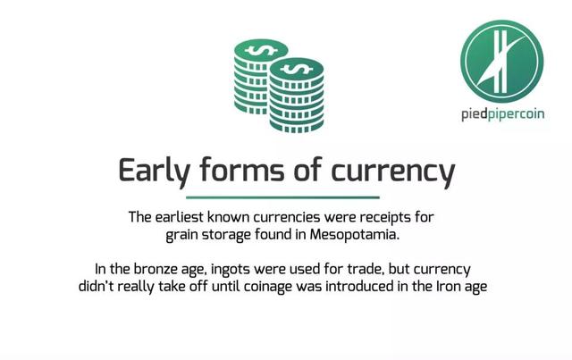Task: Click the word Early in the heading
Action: [155, 171]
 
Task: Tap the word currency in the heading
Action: [393, 172]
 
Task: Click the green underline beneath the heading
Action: [282, 197]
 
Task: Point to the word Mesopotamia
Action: [355, 234]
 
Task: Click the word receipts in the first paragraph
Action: [385, 218]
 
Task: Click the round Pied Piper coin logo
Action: [501, 62]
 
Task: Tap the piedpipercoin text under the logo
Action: [502, 114]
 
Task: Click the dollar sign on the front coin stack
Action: [297, 69]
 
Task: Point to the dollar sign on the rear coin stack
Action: [261, 50]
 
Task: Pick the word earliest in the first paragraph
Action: [179, 217]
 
